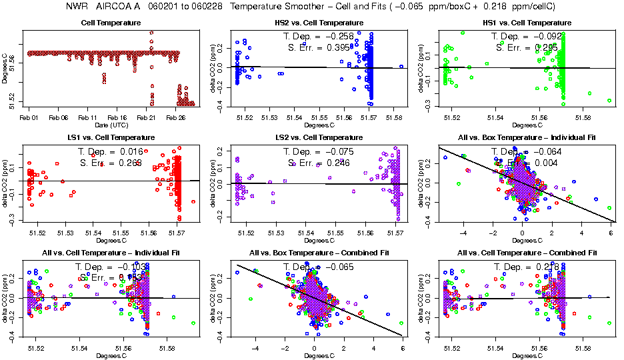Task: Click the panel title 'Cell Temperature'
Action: point(110,23)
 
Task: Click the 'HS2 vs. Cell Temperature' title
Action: point(319,23)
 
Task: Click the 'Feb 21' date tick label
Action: point(146,117)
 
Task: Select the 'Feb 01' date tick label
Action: point(29,117)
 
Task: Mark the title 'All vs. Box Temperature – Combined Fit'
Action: point(319,253)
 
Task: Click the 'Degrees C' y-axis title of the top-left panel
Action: point(5,67)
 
